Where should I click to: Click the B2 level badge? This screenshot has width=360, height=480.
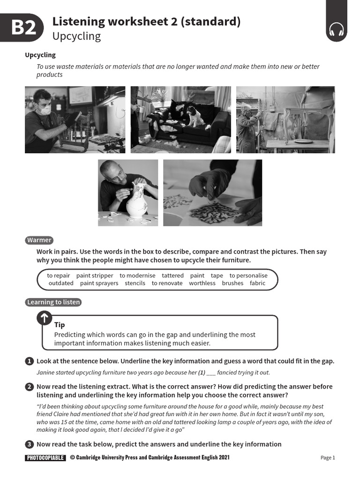pyautogui.click(x=22, y=28)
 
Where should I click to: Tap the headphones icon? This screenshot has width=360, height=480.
pyautogui.click(x=336, y=30)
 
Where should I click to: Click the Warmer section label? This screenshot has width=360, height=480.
pyautogui.click(x=39, y=240)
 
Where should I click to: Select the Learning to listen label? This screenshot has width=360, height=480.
pyautogui.click(x=53, y=302)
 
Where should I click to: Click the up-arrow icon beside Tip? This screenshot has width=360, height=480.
pyautogui.click(x=44, y=318)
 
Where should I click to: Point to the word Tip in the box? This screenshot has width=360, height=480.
pyautogui.click(x=60, y=325)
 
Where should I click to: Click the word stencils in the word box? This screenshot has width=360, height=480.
pyautogui.click(x=135, y=283)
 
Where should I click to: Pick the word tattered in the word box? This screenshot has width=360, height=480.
pyautogui.click(x=172, y=276)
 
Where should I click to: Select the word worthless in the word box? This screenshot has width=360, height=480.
pyautogui.click(x=202, y=283)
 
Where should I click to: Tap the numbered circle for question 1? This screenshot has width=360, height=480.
pyautogui.click(x=29, y=361)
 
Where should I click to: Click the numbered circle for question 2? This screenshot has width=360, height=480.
pyautogui.click(x=29, y=387)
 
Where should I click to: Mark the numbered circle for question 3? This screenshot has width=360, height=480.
pyautogui.click(x=29, y=444)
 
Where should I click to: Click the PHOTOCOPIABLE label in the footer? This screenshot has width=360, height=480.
pyautogui.click(x=45, y=457)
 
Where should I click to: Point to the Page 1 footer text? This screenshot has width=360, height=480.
pyautogui.click(x=328, y=457)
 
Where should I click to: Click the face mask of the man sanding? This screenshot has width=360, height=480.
pyautogui.click(x=45, y=111)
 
